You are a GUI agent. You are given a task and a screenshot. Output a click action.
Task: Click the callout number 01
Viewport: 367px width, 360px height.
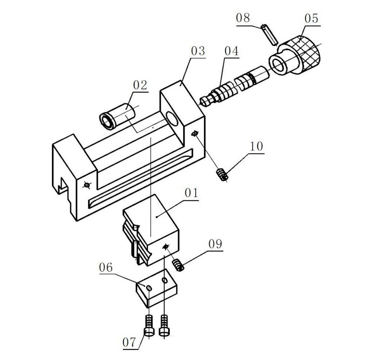click(x=191, y=193)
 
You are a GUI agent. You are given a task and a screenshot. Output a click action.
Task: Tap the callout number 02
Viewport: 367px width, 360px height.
click(x=140, y=85)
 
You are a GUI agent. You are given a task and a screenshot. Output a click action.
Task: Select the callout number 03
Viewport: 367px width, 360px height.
click(x=198, y=51)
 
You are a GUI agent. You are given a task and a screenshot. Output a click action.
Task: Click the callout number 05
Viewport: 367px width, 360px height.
click(x=311, y=19)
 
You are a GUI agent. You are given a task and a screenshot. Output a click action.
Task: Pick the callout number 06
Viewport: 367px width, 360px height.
click(x=106, y=267)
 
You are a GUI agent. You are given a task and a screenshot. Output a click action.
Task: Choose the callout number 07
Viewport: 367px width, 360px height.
click(x=129, y=342)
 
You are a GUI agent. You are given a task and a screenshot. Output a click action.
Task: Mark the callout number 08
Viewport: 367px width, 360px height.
click(x=243, y=18)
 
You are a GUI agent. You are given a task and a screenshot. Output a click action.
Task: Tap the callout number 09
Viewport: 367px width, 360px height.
click(x=215, y=244)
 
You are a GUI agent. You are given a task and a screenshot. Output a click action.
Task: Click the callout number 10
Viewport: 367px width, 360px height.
click(x=257, y=146)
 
